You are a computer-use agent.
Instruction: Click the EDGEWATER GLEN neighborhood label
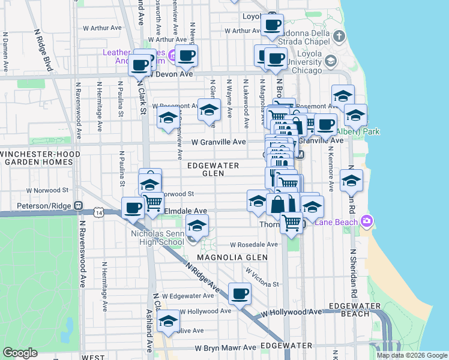point(213,169)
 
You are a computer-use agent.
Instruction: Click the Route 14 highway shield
point(98,212)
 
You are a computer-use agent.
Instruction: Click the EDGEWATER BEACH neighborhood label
point(360,310)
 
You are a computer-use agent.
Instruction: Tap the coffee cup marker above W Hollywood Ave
point(240,294)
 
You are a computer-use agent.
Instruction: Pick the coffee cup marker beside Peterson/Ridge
point(133,208)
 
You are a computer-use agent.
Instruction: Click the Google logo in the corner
point(20,352)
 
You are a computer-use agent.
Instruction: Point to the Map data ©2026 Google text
point(412,355)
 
